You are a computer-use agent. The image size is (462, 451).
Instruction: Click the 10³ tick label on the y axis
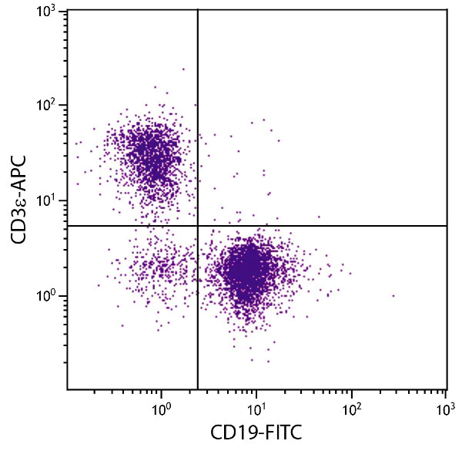coord(51,12)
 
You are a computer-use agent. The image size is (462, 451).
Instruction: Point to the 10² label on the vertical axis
coord(51,106)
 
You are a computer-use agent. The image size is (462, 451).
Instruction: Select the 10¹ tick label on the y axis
coord(51,200)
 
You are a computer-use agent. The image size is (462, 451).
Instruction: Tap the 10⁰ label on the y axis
coord(51,296)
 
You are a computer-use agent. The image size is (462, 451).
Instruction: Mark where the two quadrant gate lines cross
coord(198,226)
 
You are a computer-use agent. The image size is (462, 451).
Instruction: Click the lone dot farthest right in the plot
coord(393,295)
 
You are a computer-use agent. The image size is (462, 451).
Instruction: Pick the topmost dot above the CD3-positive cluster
coord(183,69)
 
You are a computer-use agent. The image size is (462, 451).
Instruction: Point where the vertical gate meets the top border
coord(198,9)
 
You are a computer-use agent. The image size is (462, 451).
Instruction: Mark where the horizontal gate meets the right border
coord(447,226)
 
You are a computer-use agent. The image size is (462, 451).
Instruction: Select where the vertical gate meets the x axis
coord(198,389)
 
